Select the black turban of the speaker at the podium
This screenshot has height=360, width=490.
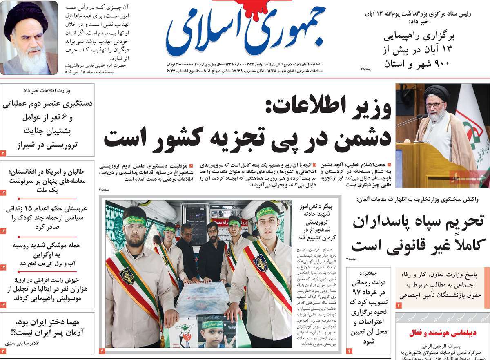pos(437,93)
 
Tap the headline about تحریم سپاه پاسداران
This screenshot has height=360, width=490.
pos(418,233)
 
